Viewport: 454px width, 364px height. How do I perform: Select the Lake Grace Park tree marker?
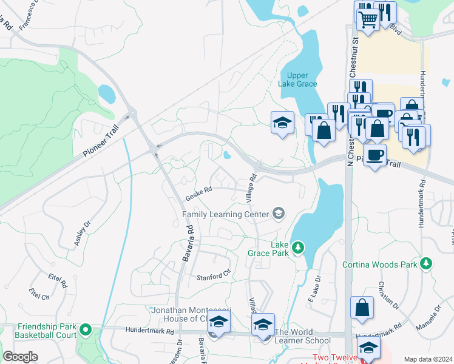coord(297,247)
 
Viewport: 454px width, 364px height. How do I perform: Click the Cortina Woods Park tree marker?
coord(427,263)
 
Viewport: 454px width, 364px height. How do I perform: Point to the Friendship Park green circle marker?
coord(86,330)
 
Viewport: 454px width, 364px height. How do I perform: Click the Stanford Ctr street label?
coord(214,277)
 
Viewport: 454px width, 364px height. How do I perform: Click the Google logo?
coord(20,357)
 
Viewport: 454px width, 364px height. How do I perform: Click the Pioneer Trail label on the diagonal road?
coord(101,140)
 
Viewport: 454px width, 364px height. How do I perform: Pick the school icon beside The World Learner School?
coord(263,325)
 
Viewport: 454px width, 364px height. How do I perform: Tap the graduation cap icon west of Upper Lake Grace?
coord(282,123)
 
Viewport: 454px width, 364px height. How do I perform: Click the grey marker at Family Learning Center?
coord(279,212)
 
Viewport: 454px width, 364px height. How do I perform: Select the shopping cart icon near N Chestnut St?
coord(367,19)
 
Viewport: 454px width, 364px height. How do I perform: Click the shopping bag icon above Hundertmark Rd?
coord(362,307)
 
